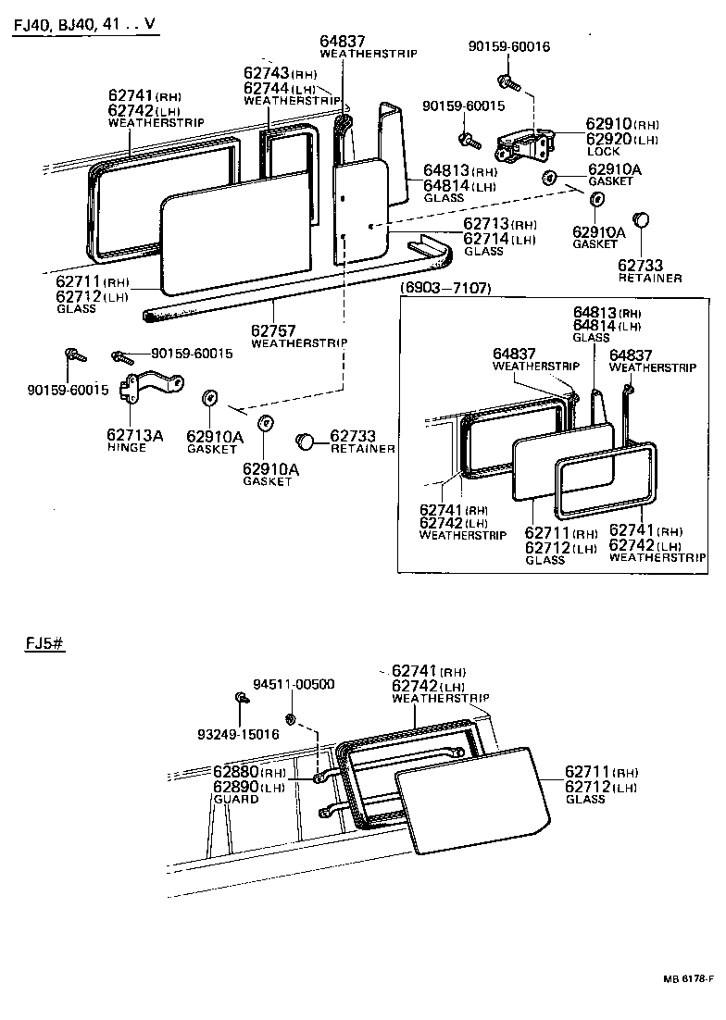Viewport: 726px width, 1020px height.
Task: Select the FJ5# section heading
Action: pyautogui.click(x=44, y=644)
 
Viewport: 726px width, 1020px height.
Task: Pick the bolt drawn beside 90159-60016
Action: pyautogui.click(x=506, y=81)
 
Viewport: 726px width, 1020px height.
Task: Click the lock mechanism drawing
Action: pyautogui.click(x=526, y=147)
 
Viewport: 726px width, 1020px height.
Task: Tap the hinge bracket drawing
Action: pyautogui.click(x=149, y=389)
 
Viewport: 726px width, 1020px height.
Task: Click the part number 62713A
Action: pyautogui.click(x=134, y=434)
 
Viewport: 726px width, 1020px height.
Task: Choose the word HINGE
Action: pyautogui.click(x=127, y=447)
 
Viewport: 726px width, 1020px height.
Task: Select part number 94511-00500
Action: pyautogui.click(x=297, y=684)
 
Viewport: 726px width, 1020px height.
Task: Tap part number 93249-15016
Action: pyautogui.click(x=237, y=734)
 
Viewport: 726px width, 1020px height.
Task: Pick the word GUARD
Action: pyautogui.click(x=235, y=799)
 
